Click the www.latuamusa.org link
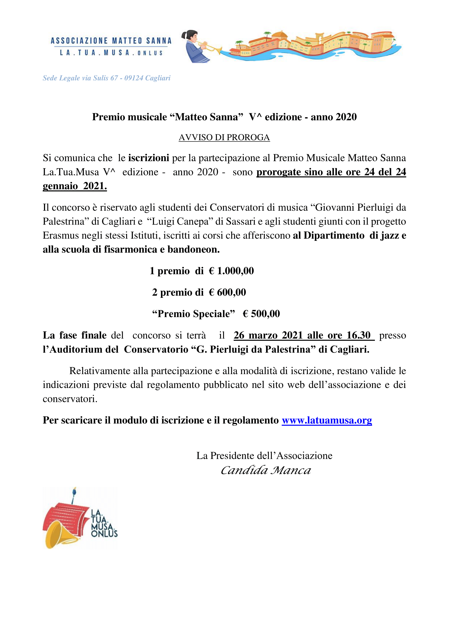327,420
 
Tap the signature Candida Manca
266,470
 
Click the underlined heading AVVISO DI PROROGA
224,137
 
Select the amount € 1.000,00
231,271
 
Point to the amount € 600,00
227,292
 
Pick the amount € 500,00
261,314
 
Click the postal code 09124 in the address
134,78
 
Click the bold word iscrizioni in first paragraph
148,158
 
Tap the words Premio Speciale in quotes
194,314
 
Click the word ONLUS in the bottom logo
104,533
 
